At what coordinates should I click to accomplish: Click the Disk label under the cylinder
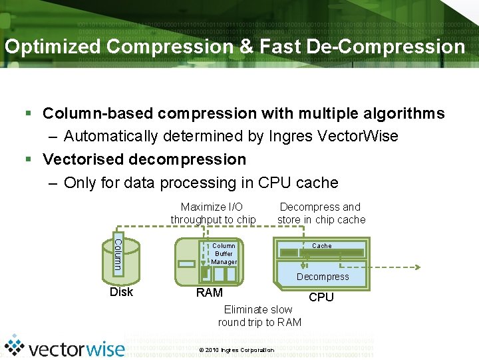pos(122,292)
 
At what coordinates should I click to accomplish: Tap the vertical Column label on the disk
pos(118,254)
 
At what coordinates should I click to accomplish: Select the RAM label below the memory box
pos(209,293)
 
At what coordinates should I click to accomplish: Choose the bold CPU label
pos(321,297)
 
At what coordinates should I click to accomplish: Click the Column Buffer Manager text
pos(224,253)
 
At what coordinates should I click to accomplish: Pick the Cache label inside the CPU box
pos(322,246)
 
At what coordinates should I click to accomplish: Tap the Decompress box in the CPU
pos(323,277)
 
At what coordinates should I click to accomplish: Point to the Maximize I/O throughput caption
pos(213,213)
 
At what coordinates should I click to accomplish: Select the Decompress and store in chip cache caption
pos(321,213)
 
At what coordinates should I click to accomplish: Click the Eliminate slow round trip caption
pos(259,316)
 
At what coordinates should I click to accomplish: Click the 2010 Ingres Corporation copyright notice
pos(236,350)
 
